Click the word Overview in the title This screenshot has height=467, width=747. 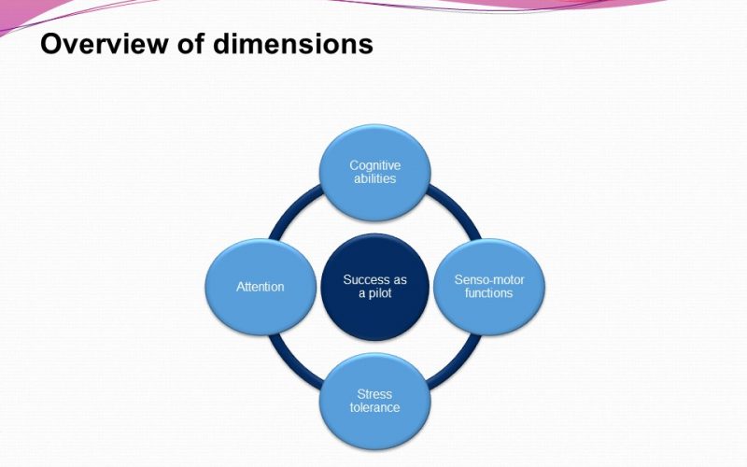105,43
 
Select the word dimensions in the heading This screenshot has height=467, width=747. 293,43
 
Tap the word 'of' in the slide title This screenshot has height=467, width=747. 190,43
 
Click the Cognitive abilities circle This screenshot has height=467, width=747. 375,173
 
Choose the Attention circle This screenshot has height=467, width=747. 261,287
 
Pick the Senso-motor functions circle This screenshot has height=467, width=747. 489,287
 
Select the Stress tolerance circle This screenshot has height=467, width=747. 375,402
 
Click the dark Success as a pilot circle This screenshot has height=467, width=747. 375,287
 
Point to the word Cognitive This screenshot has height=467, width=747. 375,166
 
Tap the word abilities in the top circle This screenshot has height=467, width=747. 375,178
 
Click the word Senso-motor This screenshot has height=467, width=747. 489,279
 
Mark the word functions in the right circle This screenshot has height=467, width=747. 488,292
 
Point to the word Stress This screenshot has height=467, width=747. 374,394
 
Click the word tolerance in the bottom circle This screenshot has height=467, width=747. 375,407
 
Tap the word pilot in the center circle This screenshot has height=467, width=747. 380,292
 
